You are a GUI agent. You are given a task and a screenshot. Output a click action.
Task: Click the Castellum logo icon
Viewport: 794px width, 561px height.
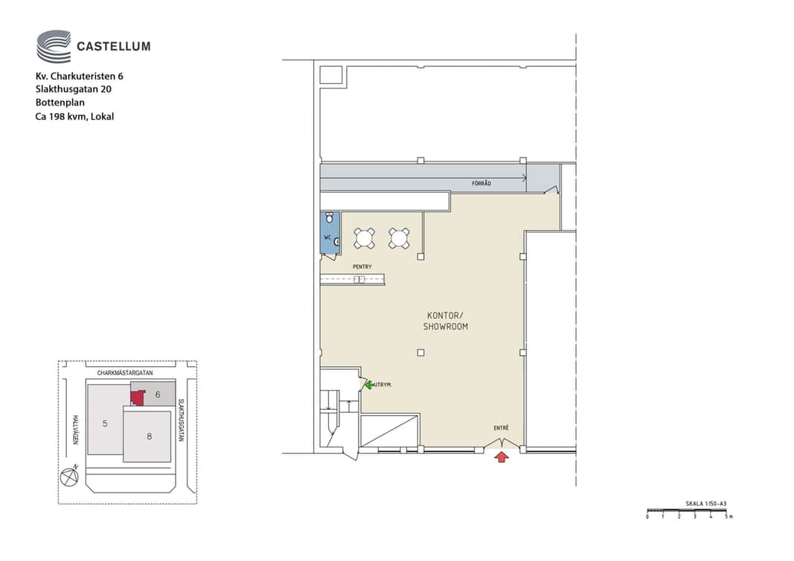click(x=54, y=46)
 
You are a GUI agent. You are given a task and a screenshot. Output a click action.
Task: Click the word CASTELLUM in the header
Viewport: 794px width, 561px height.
click(x=113, y=47)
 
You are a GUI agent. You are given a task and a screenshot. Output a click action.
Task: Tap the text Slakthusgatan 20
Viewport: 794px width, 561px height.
click(x=74, y=89)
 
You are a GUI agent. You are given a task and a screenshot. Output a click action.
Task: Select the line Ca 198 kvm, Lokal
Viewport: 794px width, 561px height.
click(x=74, y=117)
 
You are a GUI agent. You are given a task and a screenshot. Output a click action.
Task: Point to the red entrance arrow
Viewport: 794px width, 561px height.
click(x=502, y=457)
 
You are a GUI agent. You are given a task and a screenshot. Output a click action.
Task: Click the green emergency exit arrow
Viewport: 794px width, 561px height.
click(x=368, y=385)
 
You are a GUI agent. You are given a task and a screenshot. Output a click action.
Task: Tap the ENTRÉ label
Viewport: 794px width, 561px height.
click(x=502, y=428)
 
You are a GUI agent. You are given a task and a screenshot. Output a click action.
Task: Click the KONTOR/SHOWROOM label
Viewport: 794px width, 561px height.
click(x=446, y=321)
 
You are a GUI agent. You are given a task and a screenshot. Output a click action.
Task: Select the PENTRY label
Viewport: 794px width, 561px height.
click(x=362, y=267)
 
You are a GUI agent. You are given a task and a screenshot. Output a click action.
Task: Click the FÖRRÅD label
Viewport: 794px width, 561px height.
click(x=481, y=183)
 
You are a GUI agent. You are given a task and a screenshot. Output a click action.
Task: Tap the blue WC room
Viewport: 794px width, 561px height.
click(x=330, y=233)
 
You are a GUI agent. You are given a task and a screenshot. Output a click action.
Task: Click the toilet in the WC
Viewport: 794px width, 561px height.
click(x=330, y=218)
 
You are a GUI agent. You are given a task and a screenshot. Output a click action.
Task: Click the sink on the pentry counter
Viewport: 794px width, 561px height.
click(x=359, y=279)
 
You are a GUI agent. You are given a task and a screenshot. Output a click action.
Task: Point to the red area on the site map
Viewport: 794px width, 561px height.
click(x=137, y=397)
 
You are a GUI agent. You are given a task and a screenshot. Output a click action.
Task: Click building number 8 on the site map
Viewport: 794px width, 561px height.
click(x=150, y=437)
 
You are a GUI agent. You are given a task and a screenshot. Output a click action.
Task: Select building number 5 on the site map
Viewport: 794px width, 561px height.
click(x=105, y=423)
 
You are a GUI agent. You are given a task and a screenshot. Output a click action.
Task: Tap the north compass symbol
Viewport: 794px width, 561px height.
click(x=69, y=476)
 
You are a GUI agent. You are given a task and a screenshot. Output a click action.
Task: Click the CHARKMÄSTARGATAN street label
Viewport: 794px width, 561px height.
click(x=125, y=374)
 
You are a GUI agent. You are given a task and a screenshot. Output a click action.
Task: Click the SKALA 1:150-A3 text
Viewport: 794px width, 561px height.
click(x=706, y=504)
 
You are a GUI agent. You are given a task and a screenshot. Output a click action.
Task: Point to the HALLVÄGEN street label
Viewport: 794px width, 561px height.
click(x=75, y=430)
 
